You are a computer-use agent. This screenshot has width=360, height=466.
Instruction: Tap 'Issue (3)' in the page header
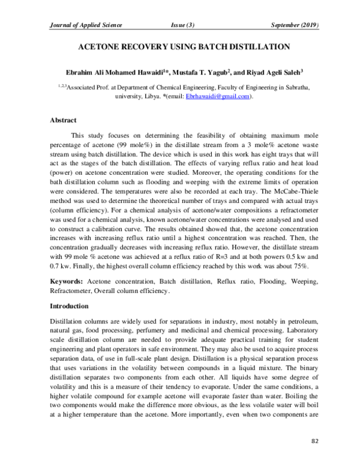click(182, 25)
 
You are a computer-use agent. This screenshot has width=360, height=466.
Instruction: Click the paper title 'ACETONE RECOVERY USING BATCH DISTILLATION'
click(181, 46)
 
